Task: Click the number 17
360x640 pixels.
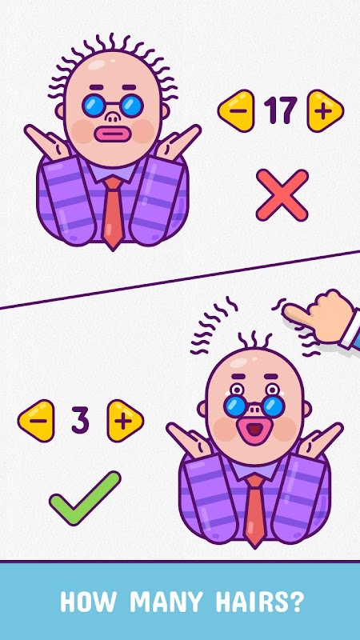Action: click(281, 110)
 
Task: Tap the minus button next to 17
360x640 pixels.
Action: click(237, 110)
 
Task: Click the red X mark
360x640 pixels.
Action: click(282, 195)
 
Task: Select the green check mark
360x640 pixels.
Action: click(85, 498)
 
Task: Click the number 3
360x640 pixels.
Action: click(80, 421)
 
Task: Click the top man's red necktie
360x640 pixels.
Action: click(113, 211)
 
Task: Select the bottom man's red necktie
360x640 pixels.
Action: click(255, 510)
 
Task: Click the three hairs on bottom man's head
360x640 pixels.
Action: click(254, 340)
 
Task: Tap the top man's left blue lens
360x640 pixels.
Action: click(94, 106)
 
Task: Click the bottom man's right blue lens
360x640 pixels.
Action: click(274, 406)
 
